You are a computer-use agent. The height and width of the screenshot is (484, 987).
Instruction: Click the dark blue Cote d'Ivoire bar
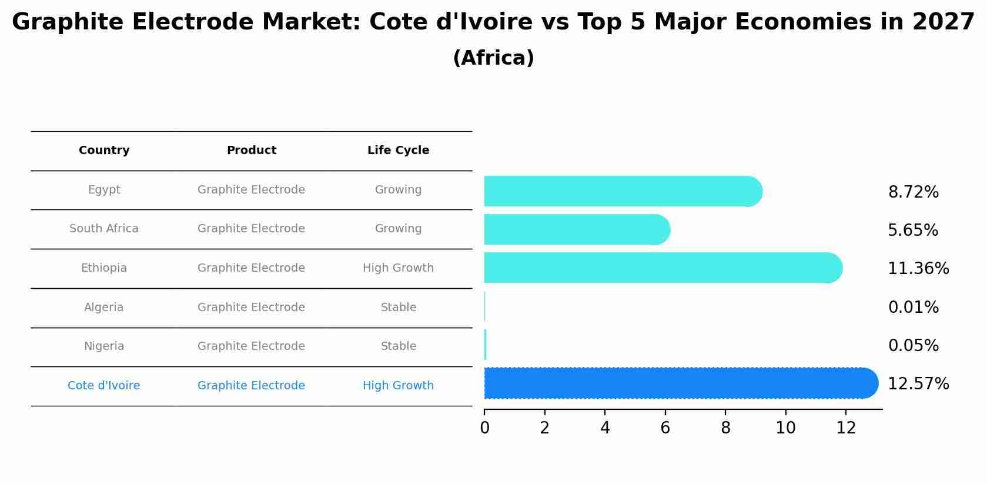[676, 383]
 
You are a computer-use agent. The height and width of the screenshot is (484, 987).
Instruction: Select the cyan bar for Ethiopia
[658, 268]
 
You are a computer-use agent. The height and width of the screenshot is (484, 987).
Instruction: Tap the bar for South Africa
[573, 229]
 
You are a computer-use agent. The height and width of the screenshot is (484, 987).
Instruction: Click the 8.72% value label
[913, 192]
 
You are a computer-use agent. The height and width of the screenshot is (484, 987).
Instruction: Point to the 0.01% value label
[913, 308]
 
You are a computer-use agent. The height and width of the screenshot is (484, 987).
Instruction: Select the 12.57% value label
[918, 384]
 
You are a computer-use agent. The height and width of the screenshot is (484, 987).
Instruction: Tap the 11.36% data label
[918, 269]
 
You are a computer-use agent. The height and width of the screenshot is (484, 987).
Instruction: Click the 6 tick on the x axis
[665, 428]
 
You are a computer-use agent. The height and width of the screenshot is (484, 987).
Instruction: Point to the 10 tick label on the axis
[785, 428]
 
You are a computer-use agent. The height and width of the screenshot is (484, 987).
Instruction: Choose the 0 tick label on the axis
[484, 428]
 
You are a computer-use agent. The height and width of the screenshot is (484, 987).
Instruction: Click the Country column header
[104, 151]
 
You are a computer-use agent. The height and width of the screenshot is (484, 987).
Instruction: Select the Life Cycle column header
[398, 151]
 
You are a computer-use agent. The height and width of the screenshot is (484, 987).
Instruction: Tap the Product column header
[251, 151]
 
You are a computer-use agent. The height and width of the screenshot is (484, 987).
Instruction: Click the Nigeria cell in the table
[104, 346]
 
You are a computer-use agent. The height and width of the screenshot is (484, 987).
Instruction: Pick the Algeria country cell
[104, 308]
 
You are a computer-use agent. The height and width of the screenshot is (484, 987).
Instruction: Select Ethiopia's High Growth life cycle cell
[398, 268]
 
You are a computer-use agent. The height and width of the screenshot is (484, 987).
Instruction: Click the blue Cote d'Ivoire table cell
[104, 386]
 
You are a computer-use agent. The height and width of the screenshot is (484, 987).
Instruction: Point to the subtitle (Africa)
[493, 58]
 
